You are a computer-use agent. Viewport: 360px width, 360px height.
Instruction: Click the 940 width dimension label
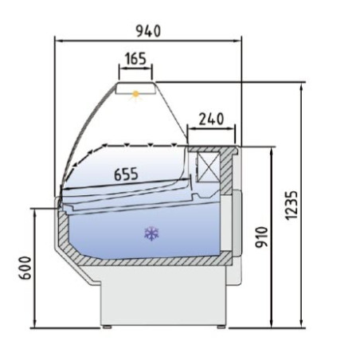coord(147,31)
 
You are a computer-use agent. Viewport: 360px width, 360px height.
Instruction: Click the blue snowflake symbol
coord(149,233)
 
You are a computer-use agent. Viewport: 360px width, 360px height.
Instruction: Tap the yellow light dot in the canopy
coord(136,95)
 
